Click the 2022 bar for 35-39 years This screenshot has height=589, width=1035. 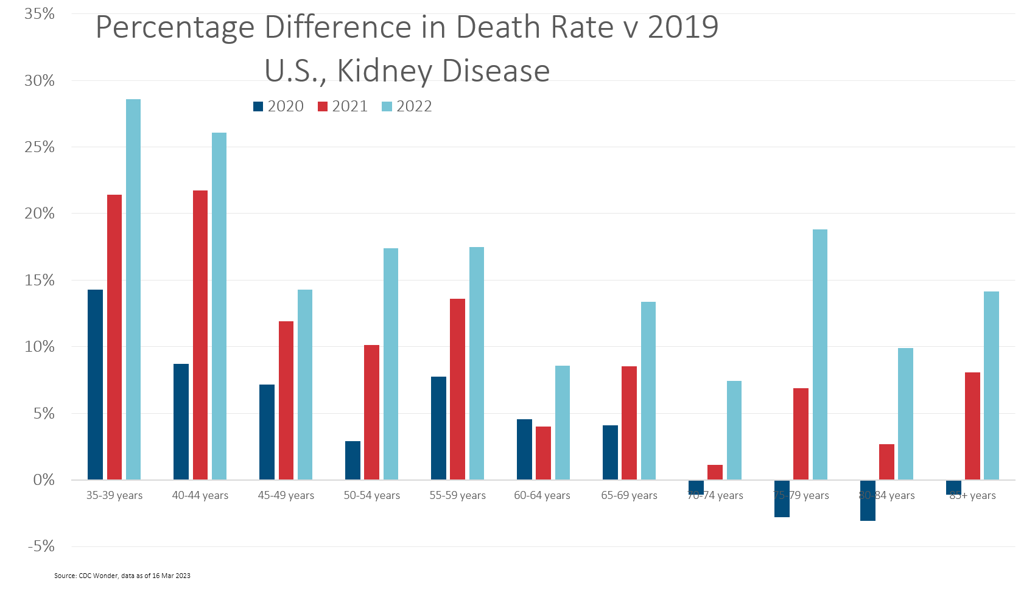pyautogui.click(x=133, y=290)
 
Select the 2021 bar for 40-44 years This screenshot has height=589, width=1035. pyautogui.click(x=200, y=335)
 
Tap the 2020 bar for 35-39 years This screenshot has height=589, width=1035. pyautogui.click(x=95, y=385)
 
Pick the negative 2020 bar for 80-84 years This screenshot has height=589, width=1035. pyautogui.click(x=868, y=501)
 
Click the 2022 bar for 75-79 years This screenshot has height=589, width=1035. pyautogui.click(x=820, y=355)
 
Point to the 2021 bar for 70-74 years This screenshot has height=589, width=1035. pyautogui.click(x=715, y=472)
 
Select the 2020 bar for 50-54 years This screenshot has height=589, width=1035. pyautogui.click(x=353, y=461)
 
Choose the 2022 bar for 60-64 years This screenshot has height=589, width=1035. pyautogui.click(x=563, y=423)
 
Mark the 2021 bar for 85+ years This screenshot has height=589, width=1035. pyautogui.click(x=972, y=426)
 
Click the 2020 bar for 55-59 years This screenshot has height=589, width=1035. pyautogui.click(x=438, y=428)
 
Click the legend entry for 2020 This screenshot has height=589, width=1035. pyautogui.click(x=279, y=106)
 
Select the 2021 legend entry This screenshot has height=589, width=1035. pyautogui.click(x=343, y=106)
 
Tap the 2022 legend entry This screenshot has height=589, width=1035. pyautogui.click(x=407, y=106)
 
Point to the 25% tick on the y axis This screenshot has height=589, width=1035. pyautogui.click(x=40, y=147)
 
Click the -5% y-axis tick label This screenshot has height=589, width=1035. pyautogui.click(x=41, y=546)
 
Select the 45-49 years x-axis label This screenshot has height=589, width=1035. pyautogui.click(x=286, y=495)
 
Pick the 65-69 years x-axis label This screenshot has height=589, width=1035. pyautogui.click(x=629, y=495)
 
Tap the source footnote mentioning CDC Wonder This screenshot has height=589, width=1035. pyautogui.click(x=122, y=576)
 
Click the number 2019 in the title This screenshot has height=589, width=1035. pyautogui.click(x=683, y=27)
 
